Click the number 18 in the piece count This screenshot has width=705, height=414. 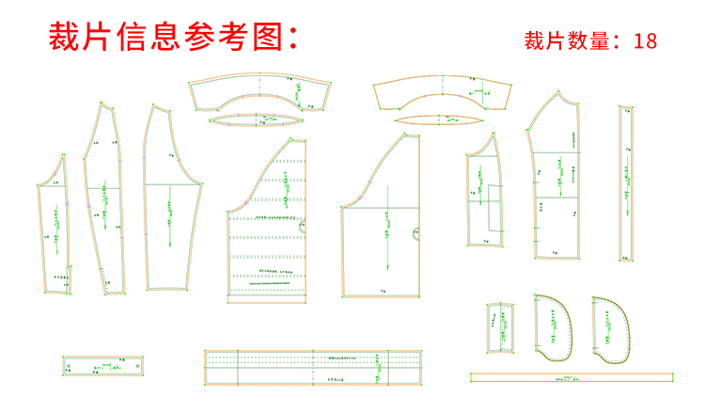coord(645,40)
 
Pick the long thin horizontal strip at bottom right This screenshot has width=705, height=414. coord(572,377)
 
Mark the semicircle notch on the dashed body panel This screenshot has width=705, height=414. coord(304,227)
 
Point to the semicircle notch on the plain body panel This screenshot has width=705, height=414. coord(414,235)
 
